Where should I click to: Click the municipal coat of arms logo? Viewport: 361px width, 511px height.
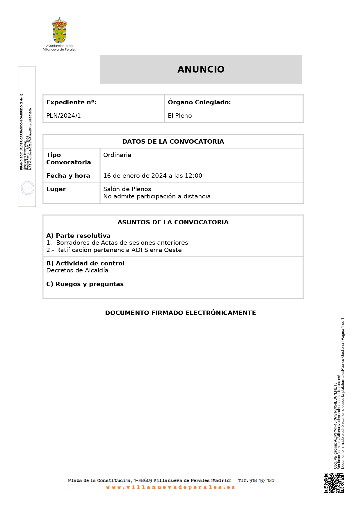click(x=59, y=30)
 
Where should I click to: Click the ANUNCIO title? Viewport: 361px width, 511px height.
click(x=201, y=69)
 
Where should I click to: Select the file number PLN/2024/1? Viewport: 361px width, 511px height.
click(x=63, y=116)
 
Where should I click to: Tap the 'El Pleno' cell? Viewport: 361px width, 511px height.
click(x=180, y=116)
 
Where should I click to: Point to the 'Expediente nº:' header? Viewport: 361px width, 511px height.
click(x=71, y=102)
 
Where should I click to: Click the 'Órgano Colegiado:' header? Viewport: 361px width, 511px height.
click(x=199, y=102)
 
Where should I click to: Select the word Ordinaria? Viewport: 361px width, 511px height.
click(x=117, y=155)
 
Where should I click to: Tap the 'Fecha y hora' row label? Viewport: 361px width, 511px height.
click(x=68, y=176)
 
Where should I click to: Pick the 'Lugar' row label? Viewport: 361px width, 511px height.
click(x=56, y=189)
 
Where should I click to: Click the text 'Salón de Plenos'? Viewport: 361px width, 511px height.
click(x=127, y=189)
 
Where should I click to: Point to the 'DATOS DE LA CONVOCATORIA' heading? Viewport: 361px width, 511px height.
click(x=173, y=142)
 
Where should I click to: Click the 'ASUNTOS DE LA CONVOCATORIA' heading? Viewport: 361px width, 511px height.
click(x=173, y=222)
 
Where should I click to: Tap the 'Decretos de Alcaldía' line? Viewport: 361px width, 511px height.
click(x=77, y=270)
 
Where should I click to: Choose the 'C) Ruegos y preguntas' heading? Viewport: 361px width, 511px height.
click(x=85, y=284)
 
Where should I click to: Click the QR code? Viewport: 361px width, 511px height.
click(x=334, y=482)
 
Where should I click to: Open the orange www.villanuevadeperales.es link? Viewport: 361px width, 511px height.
click(x=170, y=487)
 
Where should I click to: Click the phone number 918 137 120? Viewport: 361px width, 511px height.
click(x=262, y=480)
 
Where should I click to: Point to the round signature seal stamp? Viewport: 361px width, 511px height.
click(x=27, y=188)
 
